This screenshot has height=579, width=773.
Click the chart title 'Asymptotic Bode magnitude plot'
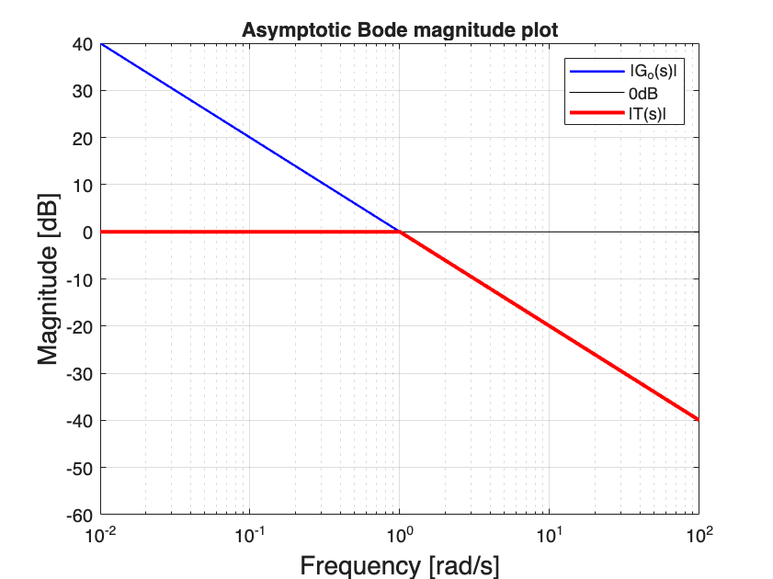pos(400,30)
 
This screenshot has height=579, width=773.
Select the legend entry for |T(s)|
pos(645,114)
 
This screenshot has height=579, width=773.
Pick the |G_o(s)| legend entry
pos(648,71)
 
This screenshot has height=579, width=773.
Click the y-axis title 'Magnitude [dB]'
pos(49,278)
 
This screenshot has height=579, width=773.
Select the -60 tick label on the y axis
pos(80,515)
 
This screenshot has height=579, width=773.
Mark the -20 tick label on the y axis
pos(80,326)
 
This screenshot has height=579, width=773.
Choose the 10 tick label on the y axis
pos(83,185)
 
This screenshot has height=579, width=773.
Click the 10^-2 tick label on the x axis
pos(100,534)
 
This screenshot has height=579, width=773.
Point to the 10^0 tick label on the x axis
pos(401,534)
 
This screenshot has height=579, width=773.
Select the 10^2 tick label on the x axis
pos(699,534)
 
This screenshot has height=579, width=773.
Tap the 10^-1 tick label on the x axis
pos(250,534)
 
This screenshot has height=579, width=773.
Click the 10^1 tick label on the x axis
pos(550,534)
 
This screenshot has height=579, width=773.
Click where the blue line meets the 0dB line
pos(400,232)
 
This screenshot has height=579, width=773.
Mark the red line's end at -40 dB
pos(698,420)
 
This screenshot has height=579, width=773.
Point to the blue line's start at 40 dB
pos(101,43)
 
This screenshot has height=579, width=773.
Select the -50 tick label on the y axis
pos(80,468)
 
